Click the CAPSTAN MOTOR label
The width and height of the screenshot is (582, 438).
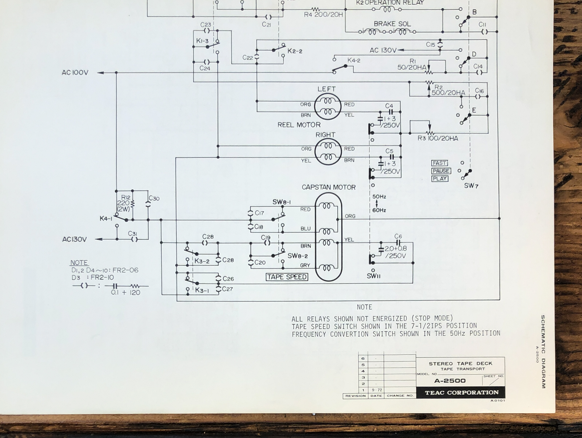pos(328,187)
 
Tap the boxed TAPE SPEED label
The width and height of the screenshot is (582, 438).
pos(287,277)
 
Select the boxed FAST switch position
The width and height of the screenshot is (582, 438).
pos(440,163)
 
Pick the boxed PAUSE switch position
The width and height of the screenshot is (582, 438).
pos(441,171)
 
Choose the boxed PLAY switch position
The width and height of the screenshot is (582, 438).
pos(440,179)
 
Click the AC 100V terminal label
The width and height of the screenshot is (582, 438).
pos(75,73)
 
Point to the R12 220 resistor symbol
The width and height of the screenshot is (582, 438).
pos(132,204)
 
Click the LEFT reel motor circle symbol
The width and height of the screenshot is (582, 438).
pos(328,106)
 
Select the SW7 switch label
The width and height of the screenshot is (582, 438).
pos(471,186)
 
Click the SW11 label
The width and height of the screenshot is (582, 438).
pos(374,276)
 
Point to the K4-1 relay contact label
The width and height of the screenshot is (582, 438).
pos(106,219)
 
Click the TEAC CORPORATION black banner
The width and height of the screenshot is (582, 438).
pos(461,393)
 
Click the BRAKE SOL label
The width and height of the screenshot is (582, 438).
pos(392,24)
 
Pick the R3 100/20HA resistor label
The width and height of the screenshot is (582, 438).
pos(438,138)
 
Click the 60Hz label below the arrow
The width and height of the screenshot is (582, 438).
pos(379,210)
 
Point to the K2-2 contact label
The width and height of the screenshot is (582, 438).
pos(295,51)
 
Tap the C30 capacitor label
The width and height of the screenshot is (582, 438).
pos(154,198)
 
